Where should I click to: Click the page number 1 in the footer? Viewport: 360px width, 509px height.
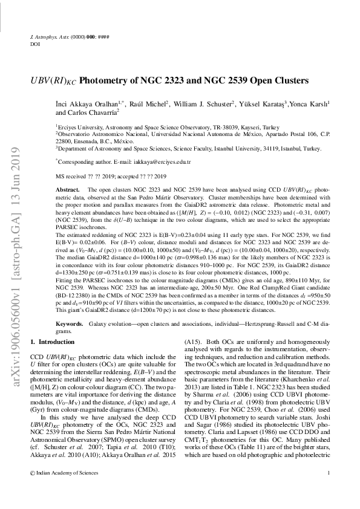click(327, 490)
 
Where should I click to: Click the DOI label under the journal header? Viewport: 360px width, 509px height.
click(34, 44)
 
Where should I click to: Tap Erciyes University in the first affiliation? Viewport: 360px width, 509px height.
click(78, 128)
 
